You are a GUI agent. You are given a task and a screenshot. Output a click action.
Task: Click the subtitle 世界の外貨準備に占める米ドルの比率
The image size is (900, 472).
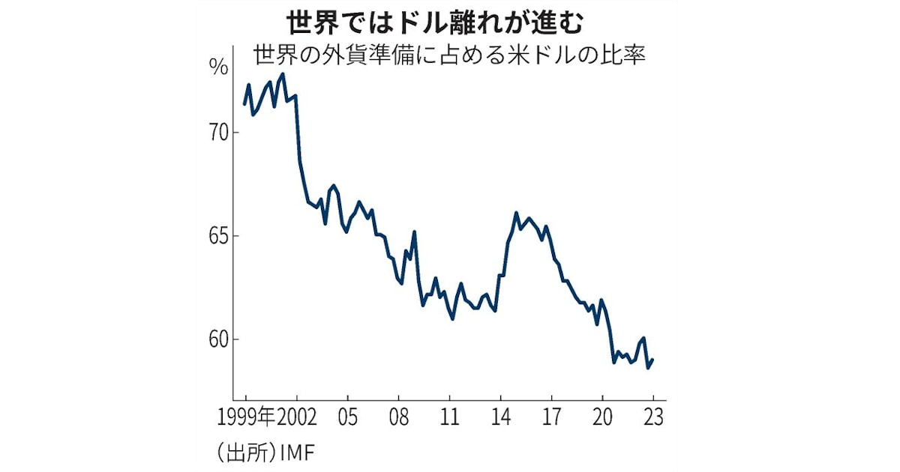point(449,56)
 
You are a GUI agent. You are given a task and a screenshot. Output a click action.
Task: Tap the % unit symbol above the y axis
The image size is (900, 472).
point(218,67)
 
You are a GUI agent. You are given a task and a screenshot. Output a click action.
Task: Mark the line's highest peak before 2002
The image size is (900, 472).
point(282,74)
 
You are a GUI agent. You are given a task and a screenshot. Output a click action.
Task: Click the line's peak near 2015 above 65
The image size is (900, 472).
point(517,213)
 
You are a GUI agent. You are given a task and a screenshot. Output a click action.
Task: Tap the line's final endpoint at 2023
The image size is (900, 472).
point(653,360)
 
